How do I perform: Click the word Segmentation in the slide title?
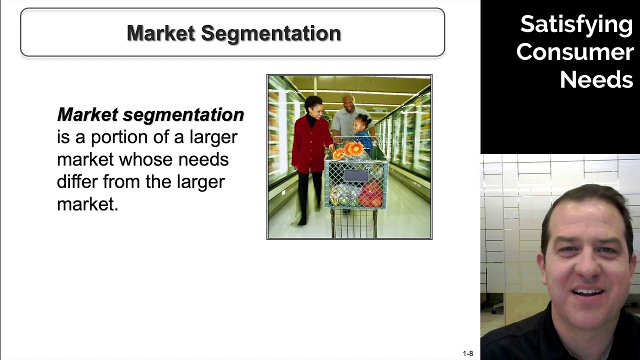[x=271, y=33]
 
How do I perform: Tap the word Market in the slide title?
[x=161, y=33]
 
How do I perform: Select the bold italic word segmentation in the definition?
[x=183, y=114]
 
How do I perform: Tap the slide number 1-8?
[x=467, y=353]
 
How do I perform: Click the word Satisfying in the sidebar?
[x=576, y=24]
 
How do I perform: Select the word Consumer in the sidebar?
[x=574, y=52]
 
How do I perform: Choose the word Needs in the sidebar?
[x=596, y=79]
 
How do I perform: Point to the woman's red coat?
[x=310, y=145]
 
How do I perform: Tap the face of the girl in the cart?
[x=361, y=123]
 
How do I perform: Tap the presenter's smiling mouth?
[x=588, y=292]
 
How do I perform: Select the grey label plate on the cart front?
[x=355, y=175]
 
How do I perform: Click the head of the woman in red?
[x=314, y=105]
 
